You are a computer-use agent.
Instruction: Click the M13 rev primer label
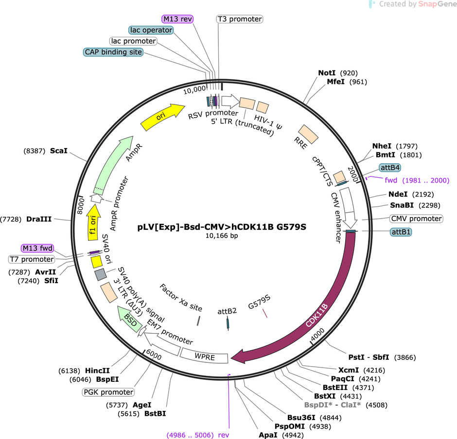point(177,19)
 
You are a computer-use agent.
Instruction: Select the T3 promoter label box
point(240,19)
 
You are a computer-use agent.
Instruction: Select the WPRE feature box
point(204,356)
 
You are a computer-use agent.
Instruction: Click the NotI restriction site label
point(327,73)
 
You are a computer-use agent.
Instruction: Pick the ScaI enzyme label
point(58,151)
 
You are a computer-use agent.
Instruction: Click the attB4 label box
point(390,168)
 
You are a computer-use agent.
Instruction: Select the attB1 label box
point(401,232)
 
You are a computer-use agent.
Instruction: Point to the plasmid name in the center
point(222,227)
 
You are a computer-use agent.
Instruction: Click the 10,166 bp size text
point(222,236)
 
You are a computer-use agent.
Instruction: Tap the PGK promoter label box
point(108,392)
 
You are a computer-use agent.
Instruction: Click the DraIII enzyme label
point(39,219)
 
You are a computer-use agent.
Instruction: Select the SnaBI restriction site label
point(402,205)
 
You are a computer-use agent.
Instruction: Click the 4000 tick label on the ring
point(317,334)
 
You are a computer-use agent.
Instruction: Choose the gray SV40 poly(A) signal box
point(101,274)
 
